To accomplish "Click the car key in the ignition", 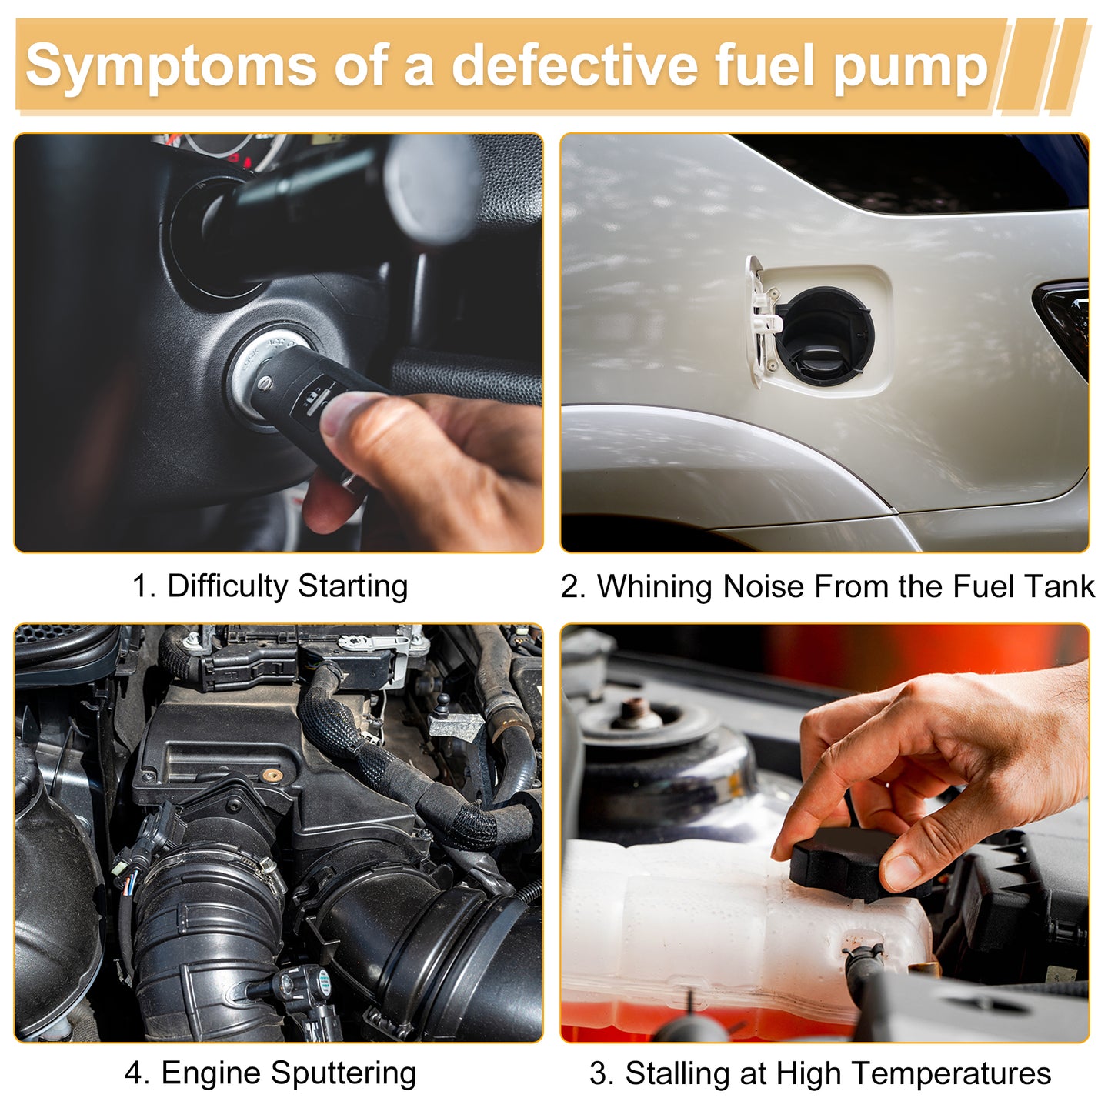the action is [313, 391].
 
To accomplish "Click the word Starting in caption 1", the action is [352, 587].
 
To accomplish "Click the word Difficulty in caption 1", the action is [228, 587].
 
